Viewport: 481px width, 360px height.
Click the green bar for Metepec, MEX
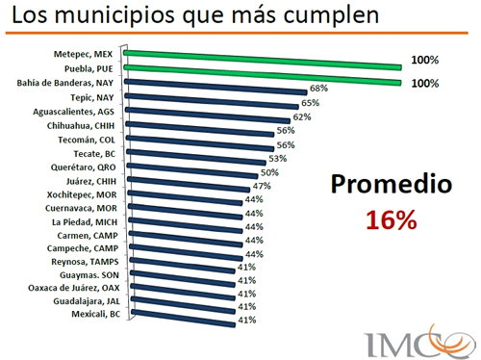(x=260, y=61)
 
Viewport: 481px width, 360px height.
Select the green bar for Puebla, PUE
(x=260, y=75)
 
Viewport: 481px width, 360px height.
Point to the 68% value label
(x=318, y=89)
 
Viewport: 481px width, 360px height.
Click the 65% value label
(x=311, y=102)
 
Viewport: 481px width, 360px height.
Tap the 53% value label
(x=278, y=158)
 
